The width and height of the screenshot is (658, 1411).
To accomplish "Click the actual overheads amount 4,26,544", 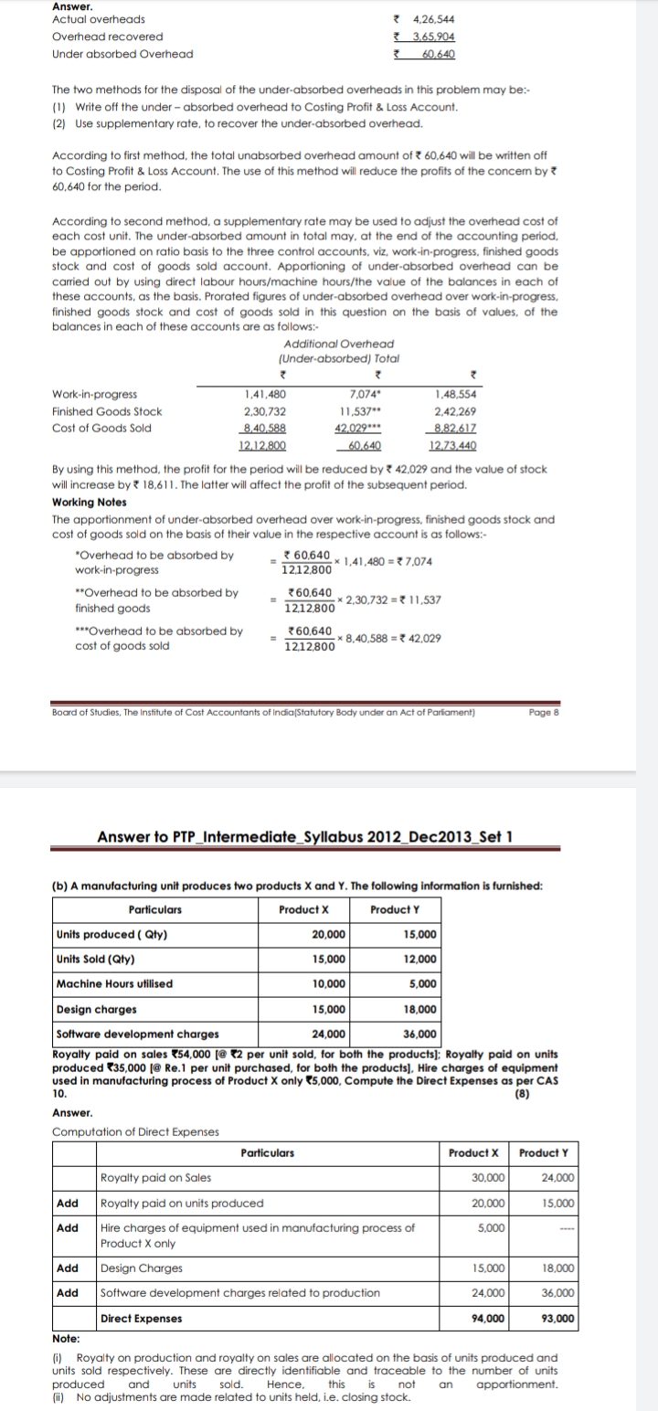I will click(x=434, y=19).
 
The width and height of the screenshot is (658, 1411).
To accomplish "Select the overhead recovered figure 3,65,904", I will click(x=434, y=37).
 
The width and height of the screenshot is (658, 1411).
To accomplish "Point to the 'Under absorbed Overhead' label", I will click(x=122, y=54).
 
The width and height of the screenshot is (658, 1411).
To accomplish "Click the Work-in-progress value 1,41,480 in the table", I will click(x=266, y=394).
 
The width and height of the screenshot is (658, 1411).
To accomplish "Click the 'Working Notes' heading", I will click(x=90, y=503).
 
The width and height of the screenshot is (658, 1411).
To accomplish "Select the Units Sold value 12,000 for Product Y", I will click(x=420, y=959).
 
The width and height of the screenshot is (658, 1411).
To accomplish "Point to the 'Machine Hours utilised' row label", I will click(x=114, y=983).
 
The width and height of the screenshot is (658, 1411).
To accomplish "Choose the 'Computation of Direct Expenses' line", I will click(x=135, y=1131).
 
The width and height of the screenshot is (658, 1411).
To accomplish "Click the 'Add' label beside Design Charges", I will click(x=68, y=1268).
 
